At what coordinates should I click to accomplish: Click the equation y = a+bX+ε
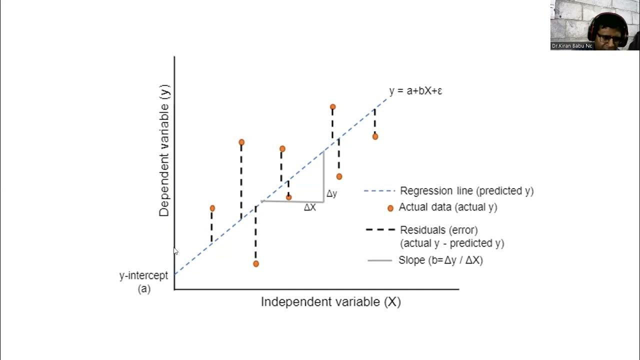[415, 91]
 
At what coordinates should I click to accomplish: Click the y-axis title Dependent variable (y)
[164, 150]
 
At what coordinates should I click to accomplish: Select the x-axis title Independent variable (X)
[330, 302]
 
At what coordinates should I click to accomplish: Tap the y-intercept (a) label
[143, 282]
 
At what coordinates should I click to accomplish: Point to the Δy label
[331, 194]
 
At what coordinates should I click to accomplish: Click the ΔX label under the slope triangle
[310, 207]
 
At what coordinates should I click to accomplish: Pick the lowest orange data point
[256, 263]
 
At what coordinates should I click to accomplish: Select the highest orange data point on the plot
[332, 106]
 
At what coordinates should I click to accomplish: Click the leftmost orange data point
[212, 208]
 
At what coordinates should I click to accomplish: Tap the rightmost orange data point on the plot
[375, 136]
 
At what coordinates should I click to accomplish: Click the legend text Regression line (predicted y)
[466, 191]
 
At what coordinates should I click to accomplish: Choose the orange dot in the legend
[390, 208]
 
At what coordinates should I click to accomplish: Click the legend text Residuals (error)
[438, 230]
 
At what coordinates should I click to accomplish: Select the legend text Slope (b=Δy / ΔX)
[440, 260]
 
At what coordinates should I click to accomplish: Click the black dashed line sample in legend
[379, 230]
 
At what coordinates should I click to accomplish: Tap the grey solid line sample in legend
[379, 260]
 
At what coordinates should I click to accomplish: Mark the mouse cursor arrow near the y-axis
[175, 251]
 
